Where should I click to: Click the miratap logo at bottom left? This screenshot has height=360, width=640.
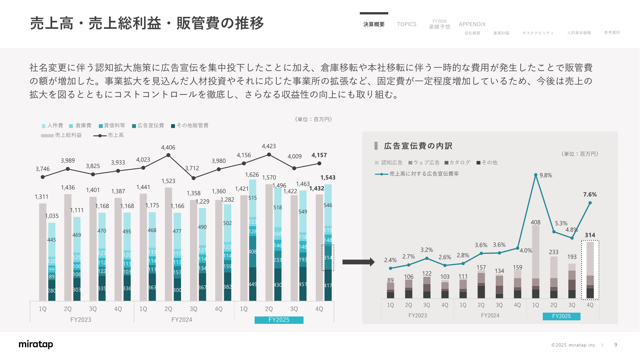pyautogui.click(x=36, y=344)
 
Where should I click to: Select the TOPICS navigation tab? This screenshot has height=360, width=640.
pyautogui.click(x=407, y=24)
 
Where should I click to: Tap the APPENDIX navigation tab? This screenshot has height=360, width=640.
pyautogui.click(x=472, y=24)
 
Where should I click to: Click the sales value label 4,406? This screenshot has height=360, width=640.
pyautogui.click(x=168, y=148)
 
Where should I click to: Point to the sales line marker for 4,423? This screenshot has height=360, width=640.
pyautogui.click(x=269, y=155)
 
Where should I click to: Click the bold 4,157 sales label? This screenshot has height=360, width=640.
pyautogui.click(x=319, y=155)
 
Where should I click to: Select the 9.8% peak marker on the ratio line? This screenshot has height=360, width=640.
pyautogui.click(x=536, y=175)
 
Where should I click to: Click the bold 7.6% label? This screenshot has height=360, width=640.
pyautogui.click(x=590, y=195)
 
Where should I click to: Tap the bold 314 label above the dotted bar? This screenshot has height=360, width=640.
pyautogui.click(x=590, y=235)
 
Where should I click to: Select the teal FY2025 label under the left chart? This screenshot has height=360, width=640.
pyautogui.click(x=279, y=320)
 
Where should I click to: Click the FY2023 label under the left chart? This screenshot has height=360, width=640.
pyautogui.click(x=81, y=320)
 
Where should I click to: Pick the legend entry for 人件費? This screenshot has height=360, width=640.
pyautogui.click(x=53, y=125)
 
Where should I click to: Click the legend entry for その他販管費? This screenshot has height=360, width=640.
pyautogui.click(x=190, y=125)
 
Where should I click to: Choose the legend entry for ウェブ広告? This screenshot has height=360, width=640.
pyautogui.click(x=424, y=163)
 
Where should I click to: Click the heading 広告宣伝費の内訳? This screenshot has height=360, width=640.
pyautogui.click(x=418, y=146)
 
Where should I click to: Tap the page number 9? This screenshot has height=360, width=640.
pyautogui.click(x=616, y=345)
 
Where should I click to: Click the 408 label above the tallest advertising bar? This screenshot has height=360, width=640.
pyautogui.click(x=535, y=222)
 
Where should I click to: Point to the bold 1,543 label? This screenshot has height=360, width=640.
pyautogui.click(x=328, y=178)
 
